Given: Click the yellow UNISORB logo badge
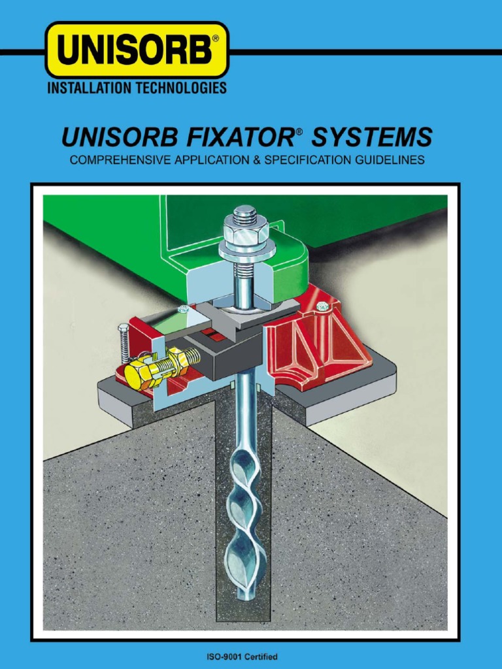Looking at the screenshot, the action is (x=137, y=50).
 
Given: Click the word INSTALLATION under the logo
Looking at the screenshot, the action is (x=88, y=88).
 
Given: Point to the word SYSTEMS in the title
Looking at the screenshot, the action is (x=372, y=138).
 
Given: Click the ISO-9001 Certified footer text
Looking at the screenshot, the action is (x=251, y=656).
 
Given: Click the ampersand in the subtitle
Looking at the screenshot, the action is (x=250, y=160).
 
